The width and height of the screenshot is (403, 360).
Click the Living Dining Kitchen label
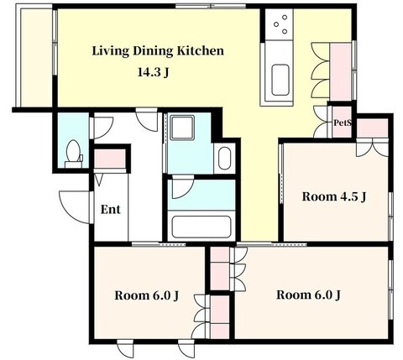(x=158, y=51)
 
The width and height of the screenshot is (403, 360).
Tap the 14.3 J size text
(x=153, y=72)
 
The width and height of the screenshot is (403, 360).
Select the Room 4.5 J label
(x=334, y=196)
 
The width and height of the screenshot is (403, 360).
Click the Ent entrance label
(x=110, y=209)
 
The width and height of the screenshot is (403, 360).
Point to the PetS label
(x=342, y=123)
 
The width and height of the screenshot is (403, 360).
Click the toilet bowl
(x=73, y=153)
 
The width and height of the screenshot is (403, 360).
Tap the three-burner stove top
(x=279, y=23)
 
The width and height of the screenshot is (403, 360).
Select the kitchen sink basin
(x=280, y=80)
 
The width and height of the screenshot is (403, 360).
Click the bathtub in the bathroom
(x=201, y=227)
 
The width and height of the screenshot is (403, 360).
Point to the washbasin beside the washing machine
(x=224, y=159)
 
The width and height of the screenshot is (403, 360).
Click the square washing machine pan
(x=182, y=128)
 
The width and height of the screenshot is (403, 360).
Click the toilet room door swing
(x=102, y=128)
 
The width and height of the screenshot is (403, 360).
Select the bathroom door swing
(x=182, y=188)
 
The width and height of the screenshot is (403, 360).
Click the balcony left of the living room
(x=36, y=58)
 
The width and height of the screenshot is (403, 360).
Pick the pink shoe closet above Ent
(x=110, y=159)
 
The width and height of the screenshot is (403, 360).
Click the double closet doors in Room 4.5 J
(x=372, y=149)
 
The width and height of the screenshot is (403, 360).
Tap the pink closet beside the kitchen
(x=340, y=71)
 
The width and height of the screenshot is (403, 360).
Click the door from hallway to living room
(x=147, y=118)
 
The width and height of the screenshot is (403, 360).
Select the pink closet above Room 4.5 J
(x=373, y=128)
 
